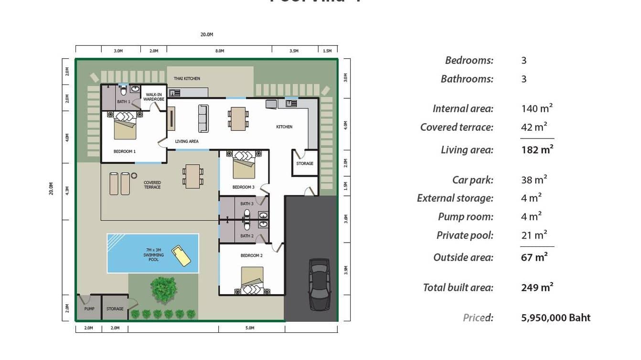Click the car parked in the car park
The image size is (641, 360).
point(319,284)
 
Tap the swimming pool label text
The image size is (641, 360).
point(153,255)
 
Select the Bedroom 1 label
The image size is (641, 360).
point(124,151)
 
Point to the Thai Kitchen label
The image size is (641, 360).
point(187,78)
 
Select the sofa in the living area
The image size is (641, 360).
point(203,118)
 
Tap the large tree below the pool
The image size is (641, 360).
point(163,288)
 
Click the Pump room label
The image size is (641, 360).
point(89,309)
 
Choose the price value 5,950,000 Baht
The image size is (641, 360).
point(556,318)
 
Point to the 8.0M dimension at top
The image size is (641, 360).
point(219,51)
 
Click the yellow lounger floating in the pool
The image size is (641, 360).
point(181,256)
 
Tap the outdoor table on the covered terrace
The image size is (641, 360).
point(192,176)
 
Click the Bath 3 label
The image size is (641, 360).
point(246,204)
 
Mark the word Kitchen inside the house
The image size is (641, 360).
point(284,127)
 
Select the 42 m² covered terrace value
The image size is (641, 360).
point(534,127)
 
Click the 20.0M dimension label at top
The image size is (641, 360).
point(206,34)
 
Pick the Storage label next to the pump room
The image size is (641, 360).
point(115,309)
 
